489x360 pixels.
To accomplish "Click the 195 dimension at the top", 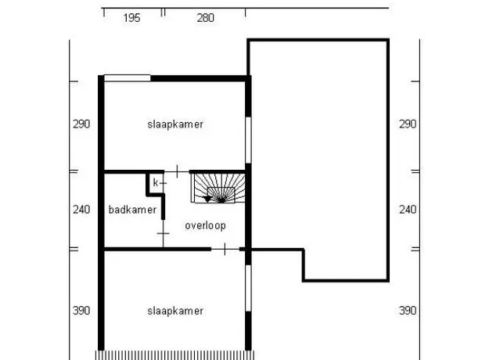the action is pyautogui.click(x=131, y=18).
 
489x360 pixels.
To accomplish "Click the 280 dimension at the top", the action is pyautogui.click(x=206, y=18).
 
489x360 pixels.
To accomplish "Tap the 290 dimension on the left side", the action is pyautogui.click(x=81, y=124).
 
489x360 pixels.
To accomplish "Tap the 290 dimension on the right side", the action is pyautogui.click(x=408, y=124).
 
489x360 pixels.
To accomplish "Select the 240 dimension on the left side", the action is pyautogui.click(x=81, y=209).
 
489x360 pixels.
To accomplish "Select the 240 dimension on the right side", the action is pyautogui.click(x=408, y=209).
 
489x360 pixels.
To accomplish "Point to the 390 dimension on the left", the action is pyautogui.click(x=81, y=311).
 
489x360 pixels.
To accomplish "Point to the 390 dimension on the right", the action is pyautogui.click(x=408, y=311).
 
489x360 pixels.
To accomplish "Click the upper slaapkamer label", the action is pyautogui.click(x=175, y=124).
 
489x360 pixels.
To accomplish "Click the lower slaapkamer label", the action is pyautogui.click(x=175, y=311).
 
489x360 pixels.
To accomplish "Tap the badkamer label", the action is pyautogui.click(x=132, y=210).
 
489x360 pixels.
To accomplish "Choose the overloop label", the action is pyautogui.click(x=205, y=225).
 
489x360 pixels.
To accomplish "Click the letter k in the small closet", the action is pyautogui.click(x=156, y=183).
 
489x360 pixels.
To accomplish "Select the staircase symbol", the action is pyautogui.click(x=218, y=188).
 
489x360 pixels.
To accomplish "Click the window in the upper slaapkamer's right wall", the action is pyautogui.click(x=248, y=140).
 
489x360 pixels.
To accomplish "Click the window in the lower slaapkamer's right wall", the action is pyautogui.click(x=248, y=288).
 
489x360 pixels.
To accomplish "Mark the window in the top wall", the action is pyautogui.click(x=128, y=78).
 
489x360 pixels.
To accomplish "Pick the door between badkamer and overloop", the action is pyautogui.click(x=163, y=233).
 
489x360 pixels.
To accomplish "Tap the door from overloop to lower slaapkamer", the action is pyautogui.click(x=225, y=249).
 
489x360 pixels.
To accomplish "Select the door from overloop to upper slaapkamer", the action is pyautogui.click(x=177, y=171).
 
